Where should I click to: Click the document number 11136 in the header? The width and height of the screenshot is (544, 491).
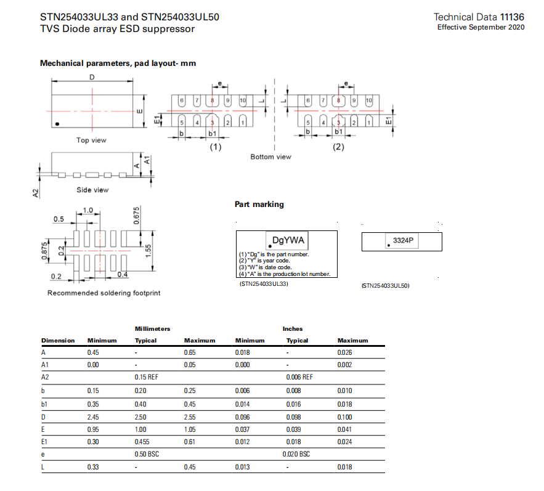(513, 17)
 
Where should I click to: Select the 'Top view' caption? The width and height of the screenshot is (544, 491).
(91, 140)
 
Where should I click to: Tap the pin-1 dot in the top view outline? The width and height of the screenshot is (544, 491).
(57, 124)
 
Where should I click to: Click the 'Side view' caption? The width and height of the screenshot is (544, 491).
(92, 190)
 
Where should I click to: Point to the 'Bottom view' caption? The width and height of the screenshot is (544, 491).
(270, 157)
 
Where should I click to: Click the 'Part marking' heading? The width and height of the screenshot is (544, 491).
(259, 205)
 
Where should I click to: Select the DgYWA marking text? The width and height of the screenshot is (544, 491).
(288, 239)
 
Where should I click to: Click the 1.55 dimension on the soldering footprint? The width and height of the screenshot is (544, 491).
(148, 251)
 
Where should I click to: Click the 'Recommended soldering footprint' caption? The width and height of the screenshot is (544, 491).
(104, 293)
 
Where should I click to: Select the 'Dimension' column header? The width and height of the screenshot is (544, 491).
(58, 340)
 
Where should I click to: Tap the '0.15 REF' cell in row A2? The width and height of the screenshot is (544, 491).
(147, 376)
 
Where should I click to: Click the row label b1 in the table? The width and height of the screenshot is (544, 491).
(45, 404)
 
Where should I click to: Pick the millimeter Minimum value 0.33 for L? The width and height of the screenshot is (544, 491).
(94, 468)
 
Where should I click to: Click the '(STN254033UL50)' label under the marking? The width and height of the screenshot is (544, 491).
(385, 286)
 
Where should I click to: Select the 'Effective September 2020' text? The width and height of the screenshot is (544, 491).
(481, 28)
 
